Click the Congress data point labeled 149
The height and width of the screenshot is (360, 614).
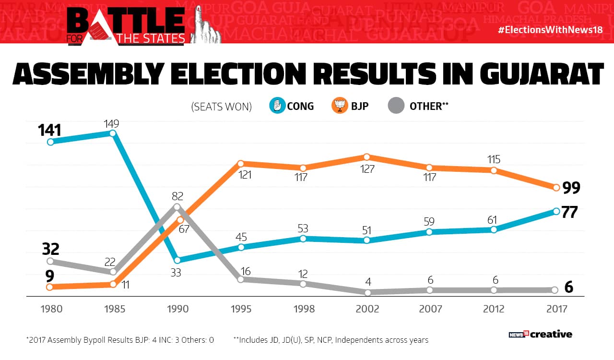(x=113, y=133)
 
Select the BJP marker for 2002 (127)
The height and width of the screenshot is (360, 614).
(x=366, y=157)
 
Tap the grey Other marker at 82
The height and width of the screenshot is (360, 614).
(x=177, y=207)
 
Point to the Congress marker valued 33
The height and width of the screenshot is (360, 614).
(x=177, y=260)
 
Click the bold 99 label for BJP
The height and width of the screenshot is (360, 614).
(x=571, y=188)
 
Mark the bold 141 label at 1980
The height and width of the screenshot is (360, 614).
(x=50, y=130)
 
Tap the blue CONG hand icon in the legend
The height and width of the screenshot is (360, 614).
(x=277, y=106)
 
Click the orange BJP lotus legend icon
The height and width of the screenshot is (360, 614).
(x=340, y=106)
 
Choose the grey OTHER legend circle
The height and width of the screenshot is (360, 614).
(x=396, y=106)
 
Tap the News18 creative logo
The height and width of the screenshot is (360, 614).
(x=540, y=334)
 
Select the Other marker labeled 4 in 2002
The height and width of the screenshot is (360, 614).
(x=368, y=292)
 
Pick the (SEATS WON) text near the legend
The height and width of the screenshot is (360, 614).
(x=222, y=107)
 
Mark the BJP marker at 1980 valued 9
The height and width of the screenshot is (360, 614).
(x=50, y=287)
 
